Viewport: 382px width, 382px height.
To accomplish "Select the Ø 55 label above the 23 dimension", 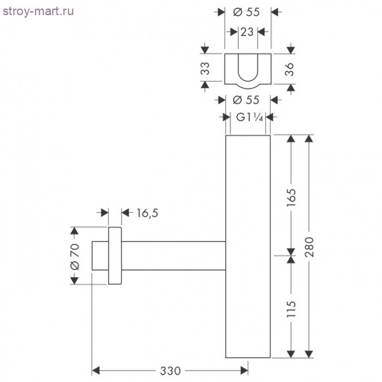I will pos(247,12).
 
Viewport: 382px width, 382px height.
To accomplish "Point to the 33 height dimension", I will pos(205,67).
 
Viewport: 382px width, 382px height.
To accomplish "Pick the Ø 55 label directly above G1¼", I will pos(247,99).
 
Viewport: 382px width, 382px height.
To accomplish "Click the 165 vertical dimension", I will pos(291,196).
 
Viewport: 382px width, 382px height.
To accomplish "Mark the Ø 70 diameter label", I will pos(74,256).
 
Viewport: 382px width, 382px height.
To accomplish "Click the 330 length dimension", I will pos(170,371).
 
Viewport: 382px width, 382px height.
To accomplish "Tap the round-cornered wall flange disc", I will pos(115,256).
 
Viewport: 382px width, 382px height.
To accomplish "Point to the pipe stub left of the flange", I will pos(99,256).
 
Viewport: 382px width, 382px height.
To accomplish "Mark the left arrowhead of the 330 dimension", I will pos(95,371).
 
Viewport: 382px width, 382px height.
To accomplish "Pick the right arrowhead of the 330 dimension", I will pos(244,371).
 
